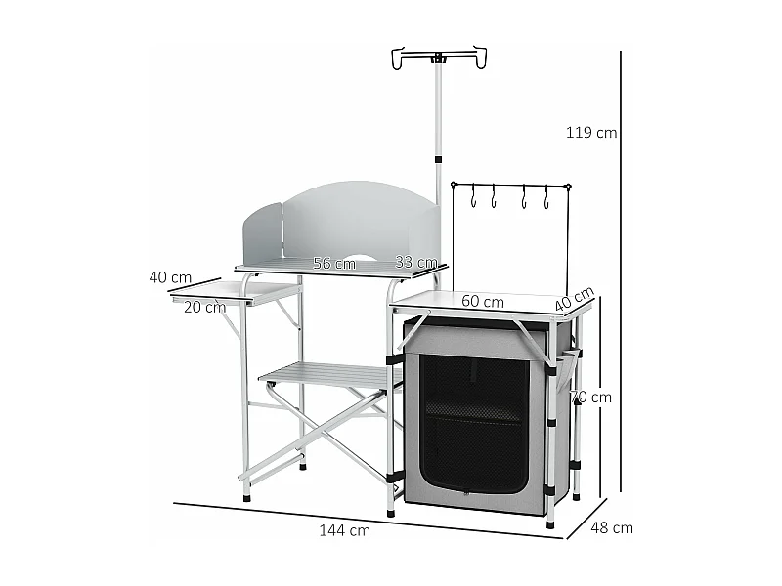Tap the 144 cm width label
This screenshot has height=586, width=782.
point(344,530)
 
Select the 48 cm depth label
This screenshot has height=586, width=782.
point(613,528)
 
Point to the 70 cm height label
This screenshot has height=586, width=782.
point(592,397)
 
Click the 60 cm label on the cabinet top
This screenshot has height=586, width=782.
point(483,302)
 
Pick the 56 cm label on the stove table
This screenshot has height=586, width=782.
point(333,263)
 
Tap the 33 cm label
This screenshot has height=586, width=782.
point(415,262)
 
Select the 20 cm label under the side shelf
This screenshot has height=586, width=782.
point(204,307)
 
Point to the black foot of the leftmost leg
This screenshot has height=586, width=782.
point(246,498)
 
